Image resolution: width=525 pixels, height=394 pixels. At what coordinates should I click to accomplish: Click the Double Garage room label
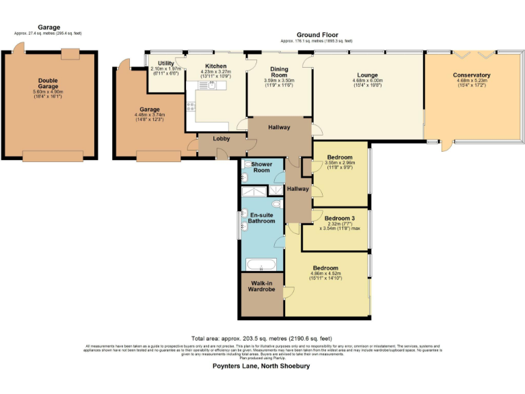48,83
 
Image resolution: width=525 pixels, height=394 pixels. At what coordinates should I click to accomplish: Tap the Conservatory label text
472,75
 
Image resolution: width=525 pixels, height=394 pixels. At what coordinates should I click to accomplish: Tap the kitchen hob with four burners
191,106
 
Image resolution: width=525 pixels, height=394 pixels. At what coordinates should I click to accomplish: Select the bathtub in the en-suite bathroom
260,265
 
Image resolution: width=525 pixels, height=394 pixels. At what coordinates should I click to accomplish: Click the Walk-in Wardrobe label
262,286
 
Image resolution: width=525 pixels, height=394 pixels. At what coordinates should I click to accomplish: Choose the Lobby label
220,139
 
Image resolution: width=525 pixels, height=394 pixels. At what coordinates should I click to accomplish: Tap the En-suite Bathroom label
262,218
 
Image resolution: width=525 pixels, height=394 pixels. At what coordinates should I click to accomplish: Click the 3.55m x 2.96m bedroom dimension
340,163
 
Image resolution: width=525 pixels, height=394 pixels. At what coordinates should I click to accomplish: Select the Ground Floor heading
317,35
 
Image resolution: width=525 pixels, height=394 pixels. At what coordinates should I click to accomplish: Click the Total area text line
262,339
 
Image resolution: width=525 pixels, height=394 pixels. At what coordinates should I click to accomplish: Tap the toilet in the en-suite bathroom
275,203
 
